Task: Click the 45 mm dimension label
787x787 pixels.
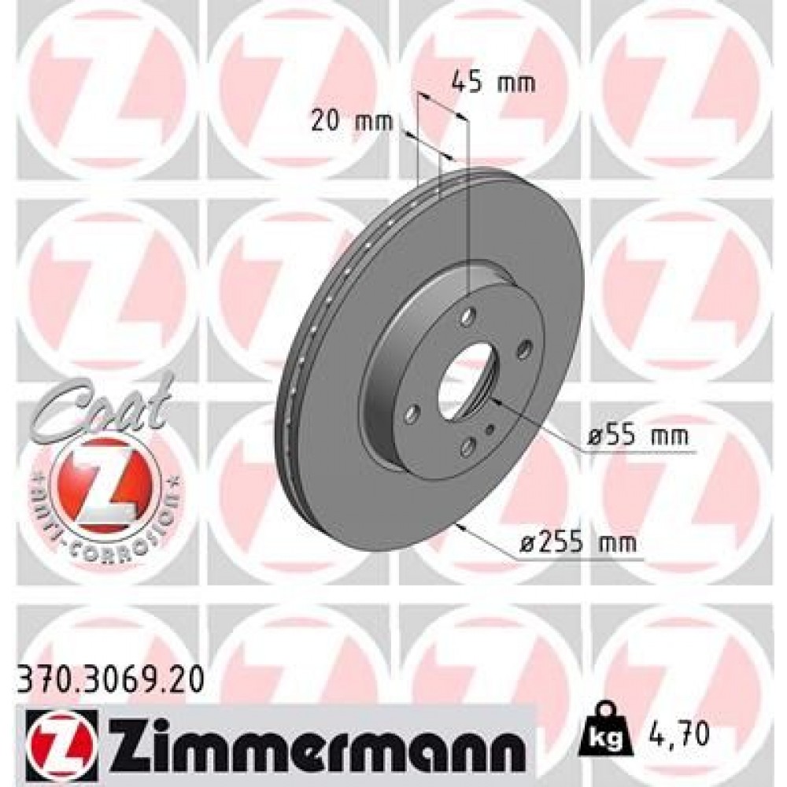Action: [x=493, y=82]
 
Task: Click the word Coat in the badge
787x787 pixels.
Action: [x=102, y=406]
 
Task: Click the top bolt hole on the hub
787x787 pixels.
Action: [x=470, y=317]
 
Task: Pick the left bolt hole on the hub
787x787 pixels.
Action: [x=411, y=413]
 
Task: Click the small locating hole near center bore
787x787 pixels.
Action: [x=490, y=430]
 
